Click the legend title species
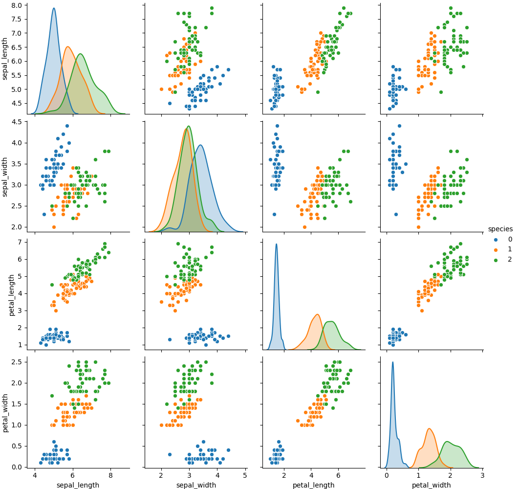500,229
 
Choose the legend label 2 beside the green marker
510,260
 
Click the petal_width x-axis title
431,485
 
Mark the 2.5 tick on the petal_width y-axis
18,362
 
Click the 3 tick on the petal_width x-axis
482,475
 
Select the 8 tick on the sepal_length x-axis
110,475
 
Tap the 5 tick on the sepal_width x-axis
245,475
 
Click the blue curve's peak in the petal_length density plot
276,244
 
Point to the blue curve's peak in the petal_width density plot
392,362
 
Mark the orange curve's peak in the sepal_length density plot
67,47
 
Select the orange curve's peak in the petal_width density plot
429,429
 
